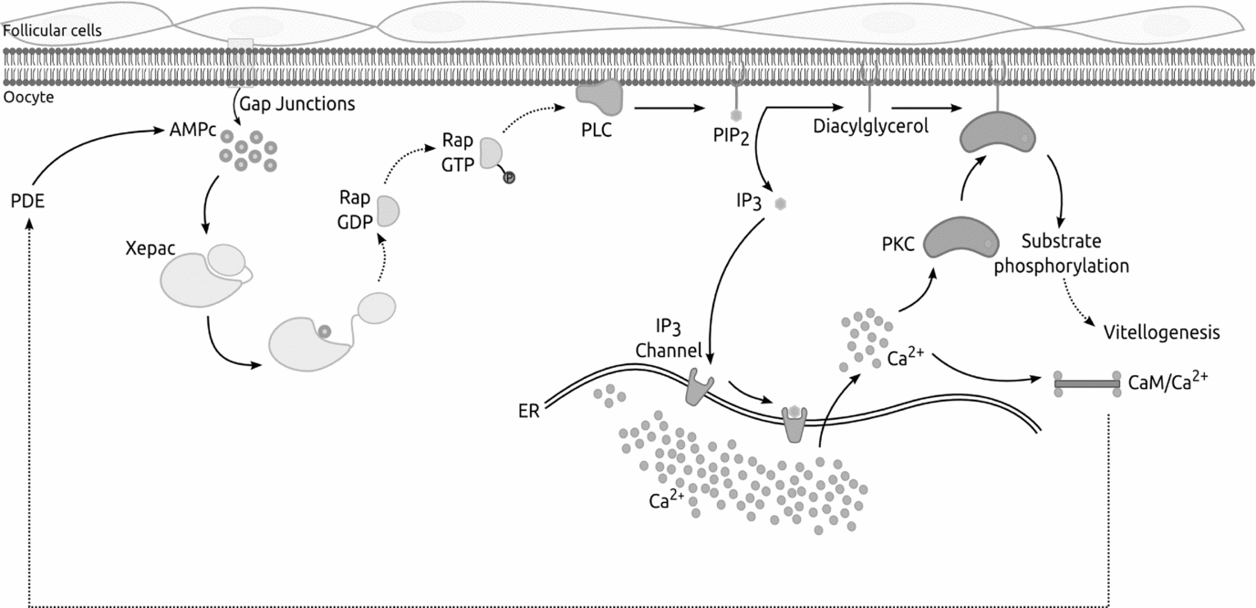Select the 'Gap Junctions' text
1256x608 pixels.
pos(296,104)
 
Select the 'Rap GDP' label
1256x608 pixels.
pos(356,210)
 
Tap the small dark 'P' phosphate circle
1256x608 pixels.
pos(510,177)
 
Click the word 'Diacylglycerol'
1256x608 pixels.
pos(870,127)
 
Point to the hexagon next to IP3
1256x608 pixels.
pos(780,204)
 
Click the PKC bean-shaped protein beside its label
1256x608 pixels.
pos(961,238)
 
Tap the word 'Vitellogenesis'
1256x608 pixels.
pos(1161,332)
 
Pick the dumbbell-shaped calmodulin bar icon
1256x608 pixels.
pos(1087,383)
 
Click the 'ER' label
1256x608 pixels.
pos(528,410)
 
